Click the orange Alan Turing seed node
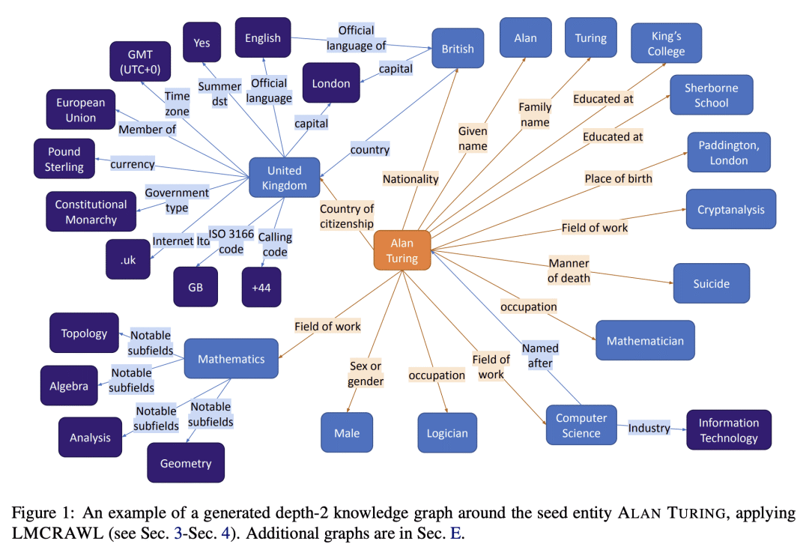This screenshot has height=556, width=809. pos(402,250)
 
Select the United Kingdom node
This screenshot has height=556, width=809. pos(285,178)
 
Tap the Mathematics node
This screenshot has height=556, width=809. pos(231,359)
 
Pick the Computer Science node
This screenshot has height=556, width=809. pos(581,425)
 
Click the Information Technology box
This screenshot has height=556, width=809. pos(728,430)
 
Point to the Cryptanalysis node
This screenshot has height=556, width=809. pos(730,209)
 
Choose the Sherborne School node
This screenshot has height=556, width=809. pos(711,95)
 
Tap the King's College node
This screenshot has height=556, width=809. pos(666,43)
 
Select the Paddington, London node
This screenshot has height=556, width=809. pos(728,153)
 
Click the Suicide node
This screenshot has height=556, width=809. pos(711,284)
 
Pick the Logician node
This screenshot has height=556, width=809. pos(447,433)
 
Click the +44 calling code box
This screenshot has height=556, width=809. pos(261,287)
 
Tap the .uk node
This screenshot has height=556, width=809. pos(128,259)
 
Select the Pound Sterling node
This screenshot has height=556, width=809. pos(64,159)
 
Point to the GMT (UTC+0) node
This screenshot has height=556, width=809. pos(140,61)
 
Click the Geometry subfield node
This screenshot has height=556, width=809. pos(186,463)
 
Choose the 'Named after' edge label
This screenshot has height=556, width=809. pos(540,355)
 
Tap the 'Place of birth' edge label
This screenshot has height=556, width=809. pos(618,178)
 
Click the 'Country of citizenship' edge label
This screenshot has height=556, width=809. pos(346,216)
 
